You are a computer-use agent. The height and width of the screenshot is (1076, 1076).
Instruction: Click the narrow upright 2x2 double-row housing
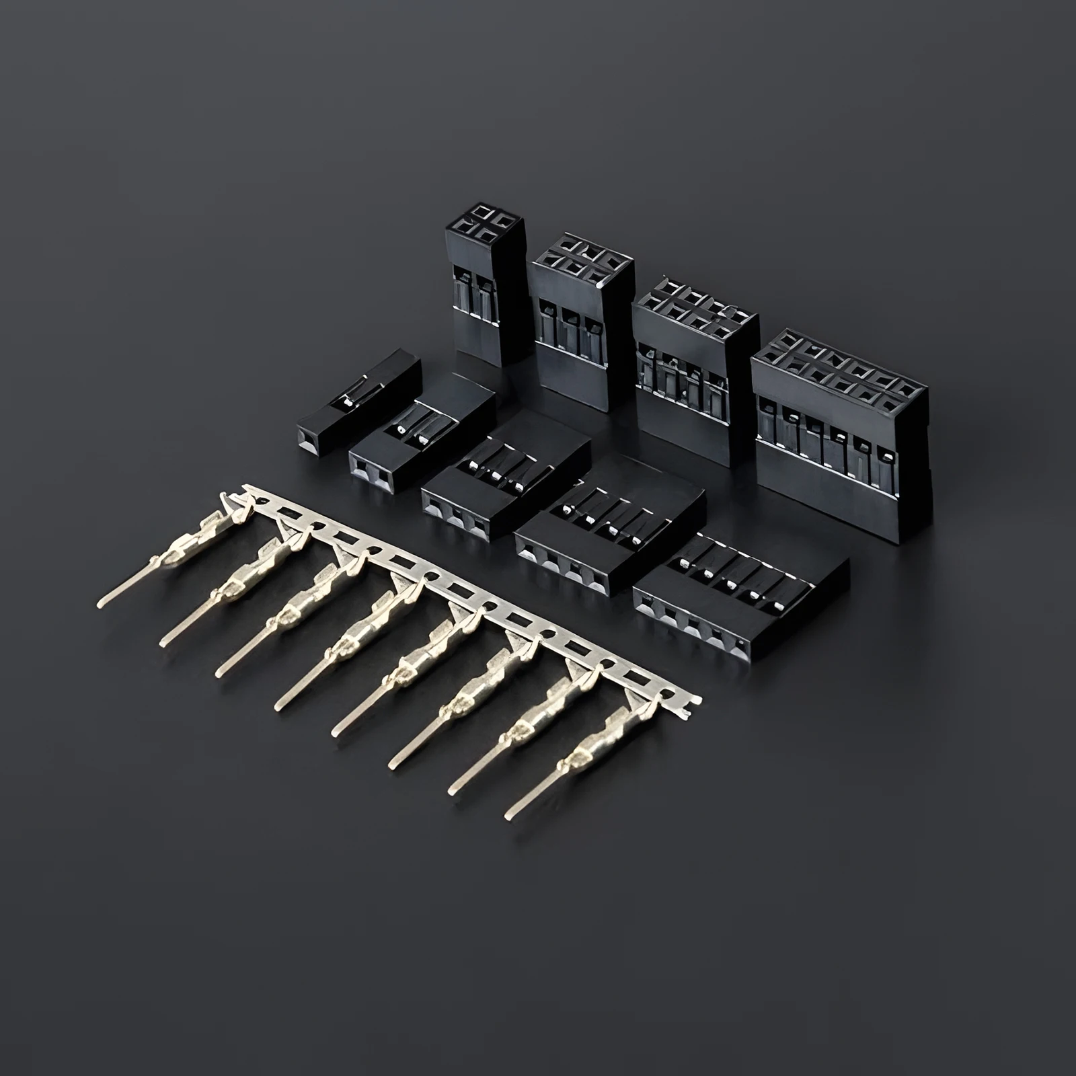[x=483, y=296]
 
